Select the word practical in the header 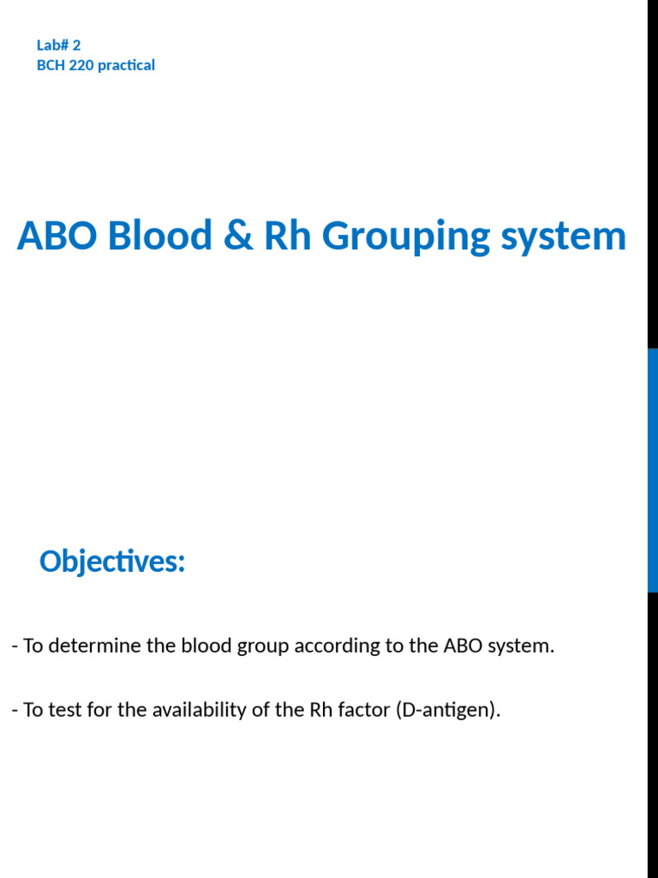126,65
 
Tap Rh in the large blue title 286,237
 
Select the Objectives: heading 112,562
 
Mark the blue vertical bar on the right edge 652,470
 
